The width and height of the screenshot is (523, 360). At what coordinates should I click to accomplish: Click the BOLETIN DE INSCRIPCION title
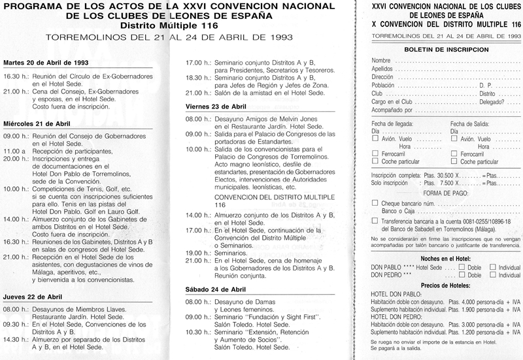(436, 49)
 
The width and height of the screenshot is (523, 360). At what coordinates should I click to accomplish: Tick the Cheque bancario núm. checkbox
(374, 204)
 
